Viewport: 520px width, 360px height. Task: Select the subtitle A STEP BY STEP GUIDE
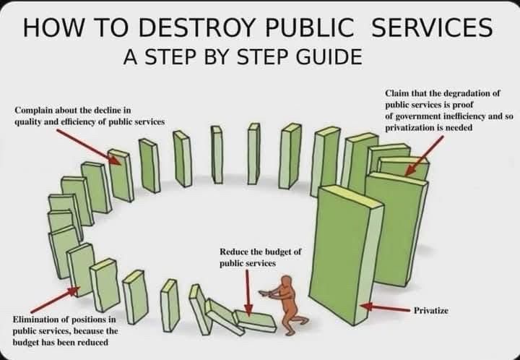click(243, 56)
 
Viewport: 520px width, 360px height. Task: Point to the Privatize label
click(431, 310)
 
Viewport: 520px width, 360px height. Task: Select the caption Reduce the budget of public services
click(260, 257)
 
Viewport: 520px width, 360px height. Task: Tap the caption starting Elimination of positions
click(64, 330)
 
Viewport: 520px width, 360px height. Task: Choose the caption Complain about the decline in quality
click(89, 116)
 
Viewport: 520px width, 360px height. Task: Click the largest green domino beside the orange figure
click(343, 253)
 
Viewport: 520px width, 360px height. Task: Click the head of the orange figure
click(288, 283)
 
